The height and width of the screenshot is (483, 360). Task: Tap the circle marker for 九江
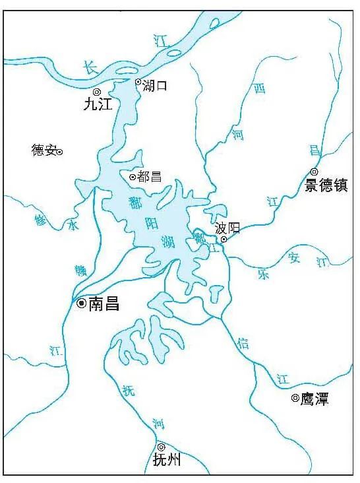pyautogui.click(x=97, y=92)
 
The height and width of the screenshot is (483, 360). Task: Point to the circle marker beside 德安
pyautogui.click(x=59, y=152)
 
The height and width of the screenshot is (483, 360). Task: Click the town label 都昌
pyautogui.click(x=149, y=177)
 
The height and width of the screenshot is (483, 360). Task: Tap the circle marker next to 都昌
pyautogui.click(x=132, y=177)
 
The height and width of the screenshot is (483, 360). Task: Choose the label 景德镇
pyautogui.click(x=326, y=185)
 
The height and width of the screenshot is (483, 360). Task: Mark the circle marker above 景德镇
pyautogui.click(x=314, y=171)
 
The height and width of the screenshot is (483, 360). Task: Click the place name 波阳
pyautogui.click(x=227, y=228)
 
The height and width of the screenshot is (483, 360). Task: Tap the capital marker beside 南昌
pyautogui.click(x=81, y=304)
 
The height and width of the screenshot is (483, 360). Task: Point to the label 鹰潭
pyautogui.click(x=315, y=399)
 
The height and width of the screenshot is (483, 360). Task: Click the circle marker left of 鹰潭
pyautogui.click(x=295, y=398)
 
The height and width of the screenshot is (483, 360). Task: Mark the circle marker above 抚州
pyautogui.click(x=161, y=447)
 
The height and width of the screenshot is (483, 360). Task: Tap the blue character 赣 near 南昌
pyautogui.click(x=80, y=269)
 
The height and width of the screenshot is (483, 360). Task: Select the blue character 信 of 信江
pyautogui.click(x=243, y=342)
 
